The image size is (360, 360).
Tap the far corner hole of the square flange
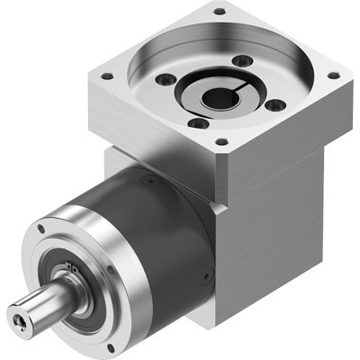[219, 12]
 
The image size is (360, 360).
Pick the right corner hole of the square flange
[333, 76]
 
